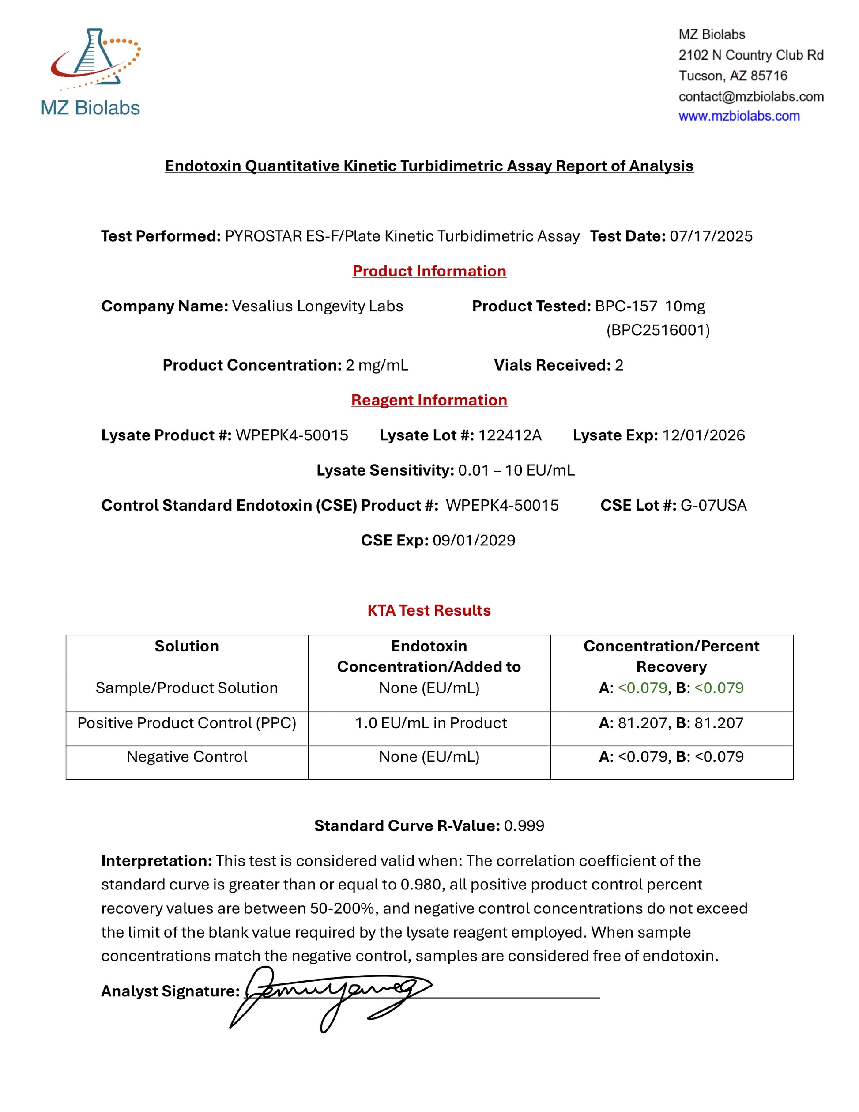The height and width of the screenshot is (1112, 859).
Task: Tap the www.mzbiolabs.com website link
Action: coord(739,116)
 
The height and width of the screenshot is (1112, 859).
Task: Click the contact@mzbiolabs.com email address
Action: coord(750,96)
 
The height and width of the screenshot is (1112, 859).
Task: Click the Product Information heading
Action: coord(429,271)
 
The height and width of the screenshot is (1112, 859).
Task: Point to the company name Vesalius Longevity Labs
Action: coord(317,306)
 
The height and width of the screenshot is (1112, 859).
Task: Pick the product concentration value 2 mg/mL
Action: coord(377,365)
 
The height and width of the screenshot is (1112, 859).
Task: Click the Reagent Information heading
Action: coord(429,400)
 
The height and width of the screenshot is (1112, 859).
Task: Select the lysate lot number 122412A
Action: coord(509,435)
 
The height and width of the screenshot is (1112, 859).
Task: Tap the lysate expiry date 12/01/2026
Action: coord(703,435)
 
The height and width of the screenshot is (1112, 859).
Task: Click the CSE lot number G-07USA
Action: coord(713,505)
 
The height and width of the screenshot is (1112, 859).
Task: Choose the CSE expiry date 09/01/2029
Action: coord(473,540)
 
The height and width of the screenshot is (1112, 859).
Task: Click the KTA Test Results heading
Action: coord(429,610)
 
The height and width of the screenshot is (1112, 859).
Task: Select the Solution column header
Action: coord(187,646)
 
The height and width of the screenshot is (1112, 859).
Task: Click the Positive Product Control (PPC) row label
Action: coord(187,723)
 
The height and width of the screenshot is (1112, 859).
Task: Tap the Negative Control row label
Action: coord(187,756)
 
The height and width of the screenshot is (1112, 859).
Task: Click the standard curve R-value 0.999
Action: coord(524,826)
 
